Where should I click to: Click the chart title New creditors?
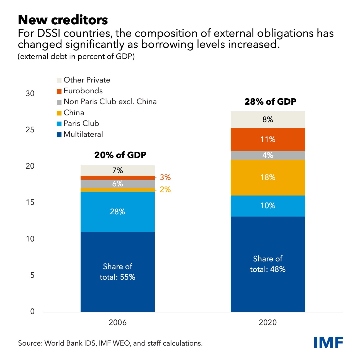63,20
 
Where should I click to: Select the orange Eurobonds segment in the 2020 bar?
268,139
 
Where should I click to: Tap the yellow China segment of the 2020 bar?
268,178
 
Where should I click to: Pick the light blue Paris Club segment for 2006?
118,212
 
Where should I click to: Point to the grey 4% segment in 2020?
268,155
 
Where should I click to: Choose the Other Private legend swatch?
59,81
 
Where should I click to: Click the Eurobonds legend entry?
83,91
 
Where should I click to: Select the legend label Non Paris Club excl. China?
110,102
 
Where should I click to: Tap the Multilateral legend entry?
83,134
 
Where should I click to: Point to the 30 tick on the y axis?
30,94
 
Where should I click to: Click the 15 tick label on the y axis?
30,202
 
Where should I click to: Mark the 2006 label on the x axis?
118,323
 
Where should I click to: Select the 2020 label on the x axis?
268,323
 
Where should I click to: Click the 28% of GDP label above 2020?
270,102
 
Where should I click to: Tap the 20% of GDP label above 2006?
120,155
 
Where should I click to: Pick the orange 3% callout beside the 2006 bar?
165,178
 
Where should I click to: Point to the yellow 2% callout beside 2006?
165,190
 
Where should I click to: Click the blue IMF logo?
329,342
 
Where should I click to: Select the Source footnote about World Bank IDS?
110,343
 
